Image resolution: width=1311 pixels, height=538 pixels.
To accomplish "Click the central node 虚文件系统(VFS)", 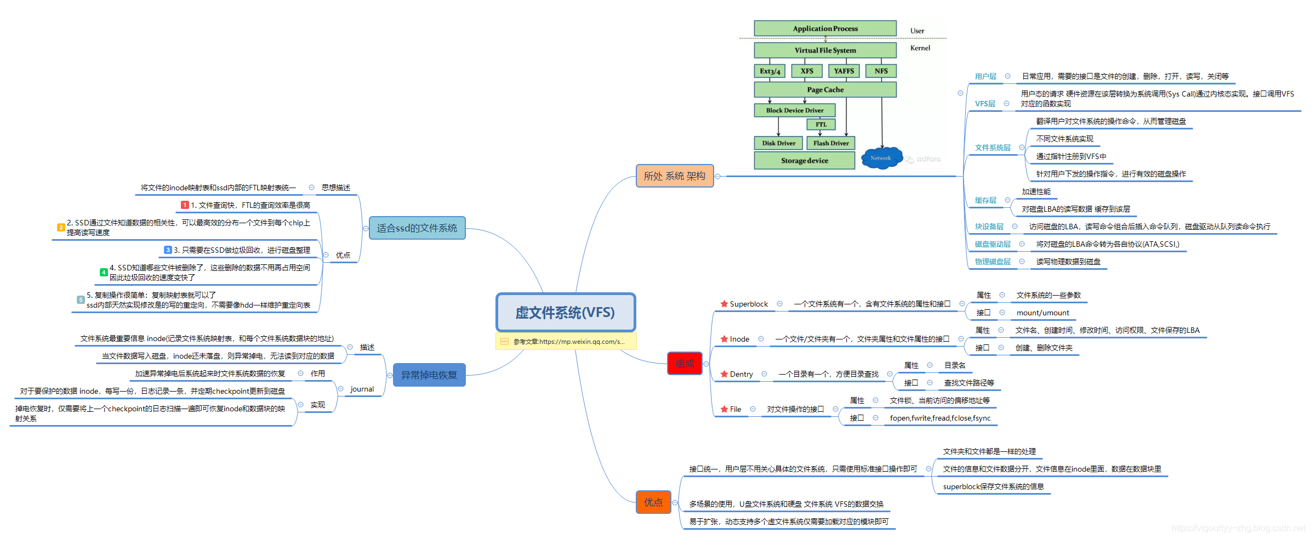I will [565, 312].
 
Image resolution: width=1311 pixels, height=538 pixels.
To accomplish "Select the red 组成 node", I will [685, 364].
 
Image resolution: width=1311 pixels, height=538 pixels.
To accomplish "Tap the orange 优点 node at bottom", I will [653, 502].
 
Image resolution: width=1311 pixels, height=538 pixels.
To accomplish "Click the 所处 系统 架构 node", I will [674, 176].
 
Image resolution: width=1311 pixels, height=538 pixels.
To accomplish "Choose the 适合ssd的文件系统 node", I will [417, 228].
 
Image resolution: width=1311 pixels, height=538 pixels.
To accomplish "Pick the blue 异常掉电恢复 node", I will [429, 375].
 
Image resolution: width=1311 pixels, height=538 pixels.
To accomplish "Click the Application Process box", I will [825, 29].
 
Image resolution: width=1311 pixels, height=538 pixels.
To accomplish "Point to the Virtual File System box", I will [825, 50].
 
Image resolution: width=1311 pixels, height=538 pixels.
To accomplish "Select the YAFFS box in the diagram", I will [843, 71].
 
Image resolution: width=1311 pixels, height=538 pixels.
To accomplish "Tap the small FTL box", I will [820, 124].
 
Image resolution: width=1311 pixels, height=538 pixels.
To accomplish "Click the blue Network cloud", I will [881, 158].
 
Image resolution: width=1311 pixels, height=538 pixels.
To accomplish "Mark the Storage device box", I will [804, 161].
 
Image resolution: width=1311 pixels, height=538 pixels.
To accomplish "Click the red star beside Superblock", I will [724, 304].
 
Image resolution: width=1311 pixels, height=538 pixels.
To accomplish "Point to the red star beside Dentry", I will [724, 374].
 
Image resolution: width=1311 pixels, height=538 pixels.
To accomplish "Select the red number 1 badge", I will [185, 205].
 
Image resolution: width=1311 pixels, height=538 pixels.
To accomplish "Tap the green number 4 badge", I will [104, 272].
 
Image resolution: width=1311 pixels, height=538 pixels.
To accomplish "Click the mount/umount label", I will [1042, 313].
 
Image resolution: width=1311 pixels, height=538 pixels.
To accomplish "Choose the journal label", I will [362, 389].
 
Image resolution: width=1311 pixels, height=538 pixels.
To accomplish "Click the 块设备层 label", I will [989, 226].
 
